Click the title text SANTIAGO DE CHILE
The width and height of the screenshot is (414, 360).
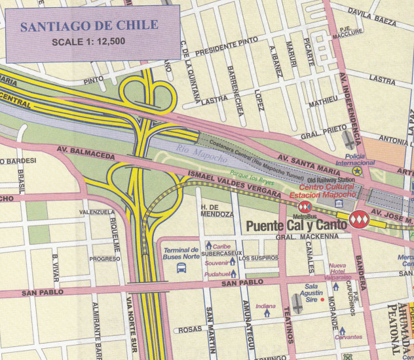[x=88, y=27]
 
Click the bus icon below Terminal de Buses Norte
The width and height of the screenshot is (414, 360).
[x=181, y=268]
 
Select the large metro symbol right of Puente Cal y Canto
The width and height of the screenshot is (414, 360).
[x=358, y=218]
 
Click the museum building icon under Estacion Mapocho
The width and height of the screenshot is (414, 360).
[x=339, y=206]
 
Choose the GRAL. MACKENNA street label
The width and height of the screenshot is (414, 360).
[x=301, y=236]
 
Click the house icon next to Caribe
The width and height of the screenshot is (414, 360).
[x=208, y=245]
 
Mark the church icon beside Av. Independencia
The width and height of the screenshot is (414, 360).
[x=349, y=140]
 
